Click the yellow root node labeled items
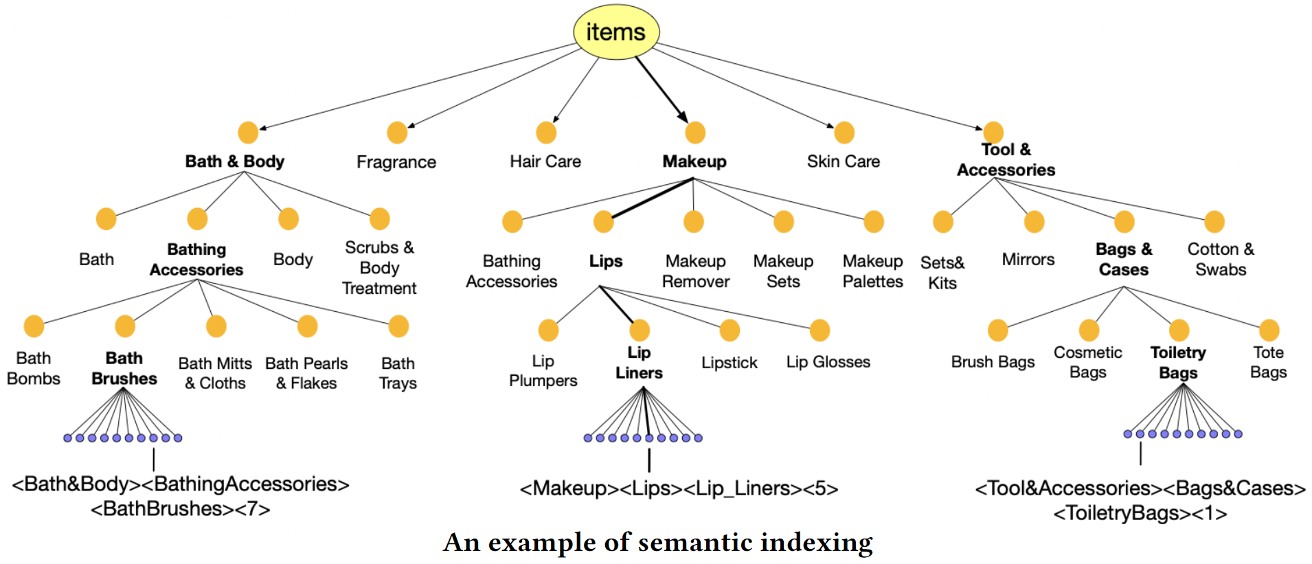pyautogui.click(x=616, y=32)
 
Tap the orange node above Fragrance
pyautogui.click(x=397, y=133)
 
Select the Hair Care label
pyautogui.click(x=545, y=161)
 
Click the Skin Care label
pyautogui.click(x=844, y=161)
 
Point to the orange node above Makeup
pyautogui.click(x=695, y=133)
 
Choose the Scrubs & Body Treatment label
pyautogui.click(x=379, y=267)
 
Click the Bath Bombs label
pyautogui.click(x=34, y=368)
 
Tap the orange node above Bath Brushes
pyautogui.click(x=125, y=326)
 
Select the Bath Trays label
pyautogui.click(x=398, y=373)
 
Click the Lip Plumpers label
pyautogui.click(x=543, y=371)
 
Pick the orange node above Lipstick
pyautogui.click(x=729, y=330)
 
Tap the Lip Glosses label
pyautogui.click(x=828, y=362)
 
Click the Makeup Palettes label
pyautogui.click(x=873, y=271)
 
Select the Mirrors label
pyautogui.click(x=1028, y=260)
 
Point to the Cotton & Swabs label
pyautogui.click(x=1221, y=259)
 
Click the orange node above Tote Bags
pyautogui.click(x=1269, y=330)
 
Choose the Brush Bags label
pyautogui.click(x=993, y=362)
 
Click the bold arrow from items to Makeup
pyautogui.click(x=661, y=89)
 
